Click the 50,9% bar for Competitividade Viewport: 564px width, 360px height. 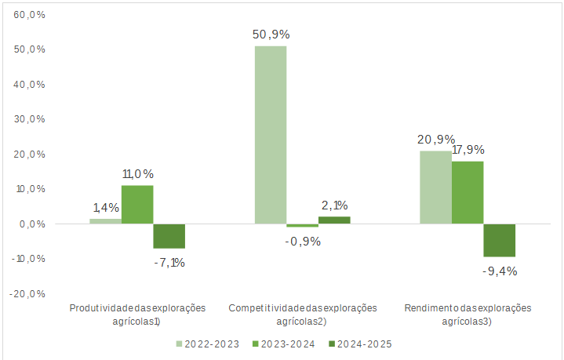[x=270, y=135]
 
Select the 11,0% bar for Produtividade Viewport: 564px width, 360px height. [x=136, y=205]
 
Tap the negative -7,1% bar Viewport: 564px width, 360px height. [x=169, y=236]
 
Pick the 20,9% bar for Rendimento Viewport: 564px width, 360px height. [x=435, y=187]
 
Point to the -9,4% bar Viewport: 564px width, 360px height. [x=500, y=240]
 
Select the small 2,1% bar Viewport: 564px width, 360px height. [x=334, y=220]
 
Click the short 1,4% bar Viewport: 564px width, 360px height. [x=105, y=221]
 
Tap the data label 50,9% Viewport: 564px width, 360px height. [x=270, y=35]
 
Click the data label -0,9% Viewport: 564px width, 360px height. [x=302, y=241]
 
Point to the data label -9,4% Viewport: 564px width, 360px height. [x=500, y=271]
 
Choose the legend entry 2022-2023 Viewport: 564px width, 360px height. [x=207, y=344]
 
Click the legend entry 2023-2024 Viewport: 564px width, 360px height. [x=283, y=344]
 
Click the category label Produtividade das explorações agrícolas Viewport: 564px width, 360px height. [x=137, y=314]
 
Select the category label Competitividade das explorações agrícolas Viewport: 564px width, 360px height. [x=303, y=314]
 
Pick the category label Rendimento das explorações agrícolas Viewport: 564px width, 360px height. [x=468, y=314]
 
